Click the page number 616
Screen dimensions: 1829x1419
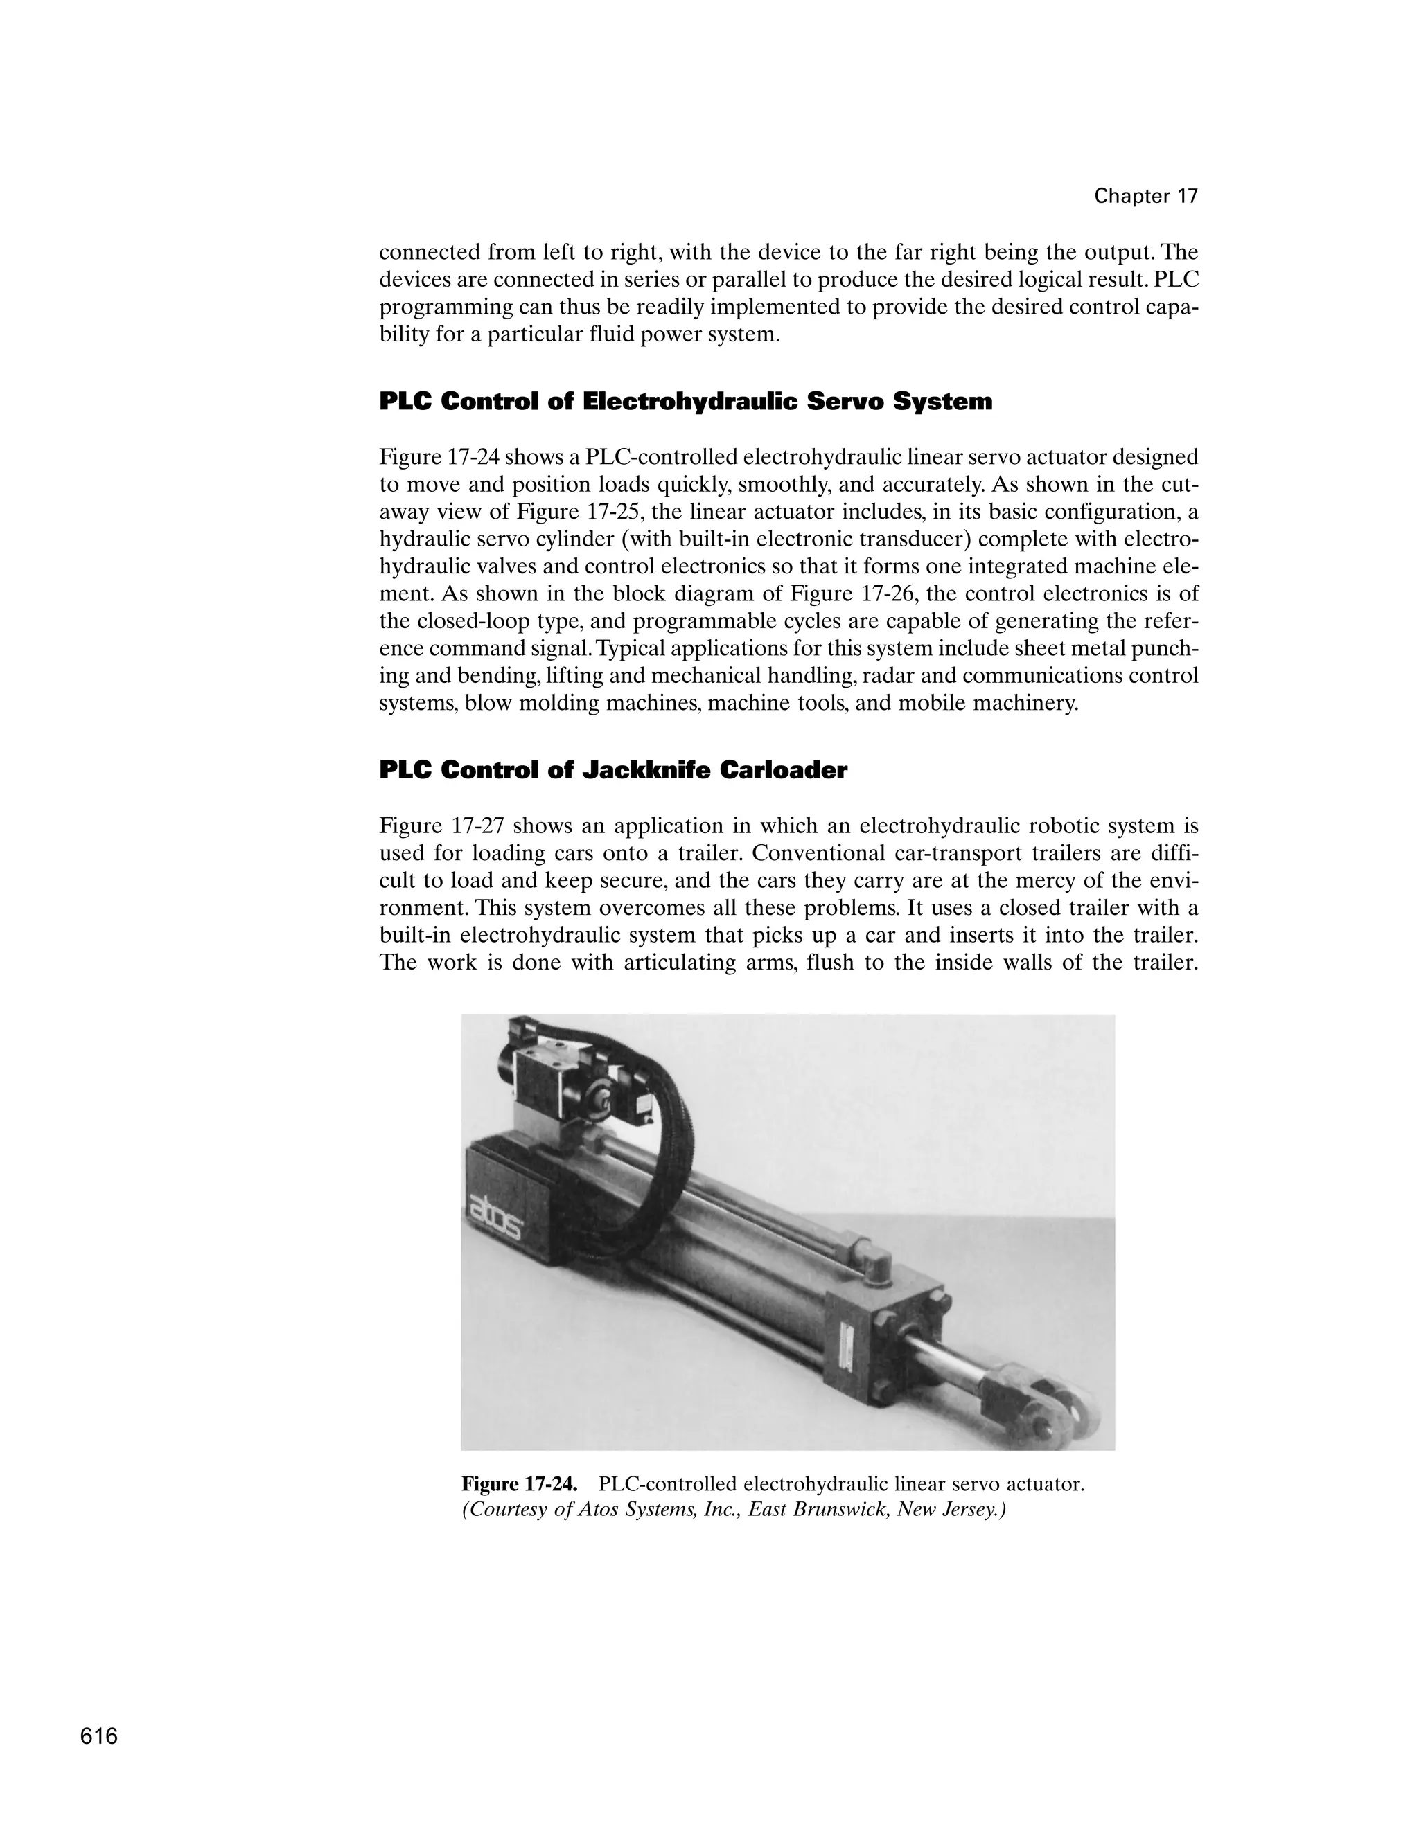pyautogui.click(x=99, y=1736)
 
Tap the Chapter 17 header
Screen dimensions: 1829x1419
pyautogui.click(x=1145, y=196)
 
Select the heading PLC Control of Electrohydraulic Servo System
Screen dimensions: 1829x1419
pyautogui.click(x=685, y=402)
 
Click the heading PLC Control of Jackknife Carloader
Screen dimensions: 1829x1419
pyautogui.click(x=613, y=771)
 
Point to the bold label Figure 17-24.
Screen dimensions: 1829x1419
pyautogui.click(x=520, y=1484)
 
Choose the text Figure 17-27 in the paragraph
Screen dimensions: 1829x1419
pyautogui.click(x=441, y=826)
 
